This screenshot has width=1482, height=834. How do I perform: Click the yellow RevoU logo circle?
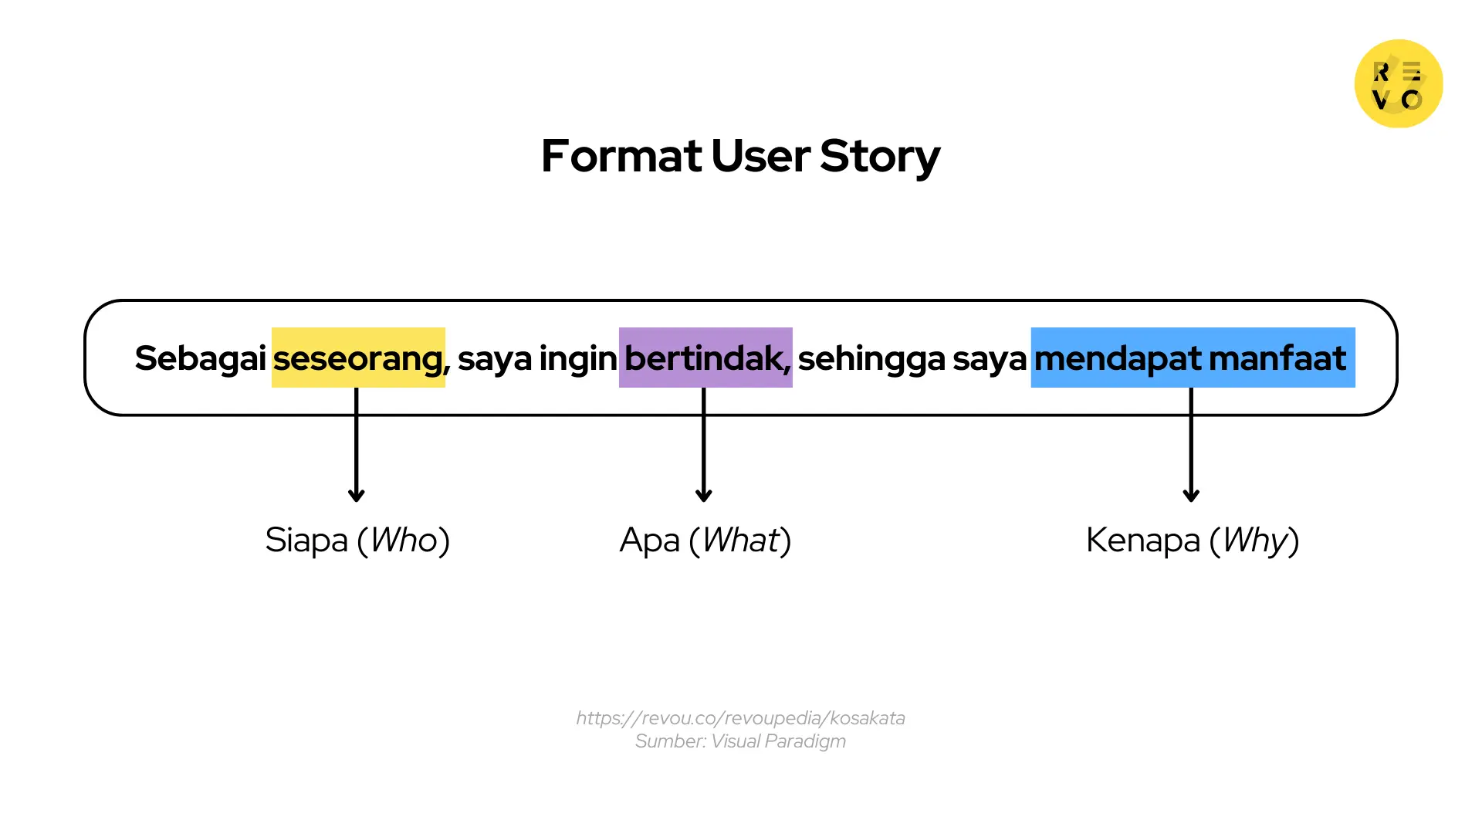pos(1399,83)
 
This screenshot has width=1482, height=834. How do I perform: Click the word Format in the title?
pos(621,156)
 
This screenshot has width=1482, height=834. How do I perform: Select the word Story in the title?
pos(880,156)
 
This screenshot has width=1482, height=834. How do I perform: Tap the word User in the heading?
pos(760,156)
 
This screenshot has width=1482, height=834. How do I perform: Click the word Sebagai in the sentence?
pos(200,358)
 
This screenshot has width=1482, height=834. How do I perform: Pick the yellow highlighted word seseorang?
pos(358,358)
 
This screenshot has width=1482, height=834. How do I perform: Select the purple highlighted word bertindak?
pos(705,358)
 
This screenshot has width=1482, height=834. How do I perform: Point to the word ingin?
pos(577,358)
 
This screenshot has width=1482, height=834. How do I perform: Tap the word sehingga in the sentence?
pos(871,358)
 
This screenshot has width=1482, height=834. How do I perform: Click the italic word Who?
pos(404,540)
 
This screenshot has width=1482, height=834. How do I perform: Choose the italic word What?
pos(741,540)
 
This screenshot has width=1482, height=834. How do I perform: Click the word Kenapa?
pos(1142,540)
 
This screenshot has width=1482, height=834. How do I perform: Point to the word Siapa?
pos(306,540)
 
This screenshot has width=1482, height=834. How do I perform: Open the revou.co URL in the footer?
pos(740,718)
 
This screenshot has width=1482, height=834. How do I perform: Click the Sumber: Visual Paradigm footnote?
pos(740,741)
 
